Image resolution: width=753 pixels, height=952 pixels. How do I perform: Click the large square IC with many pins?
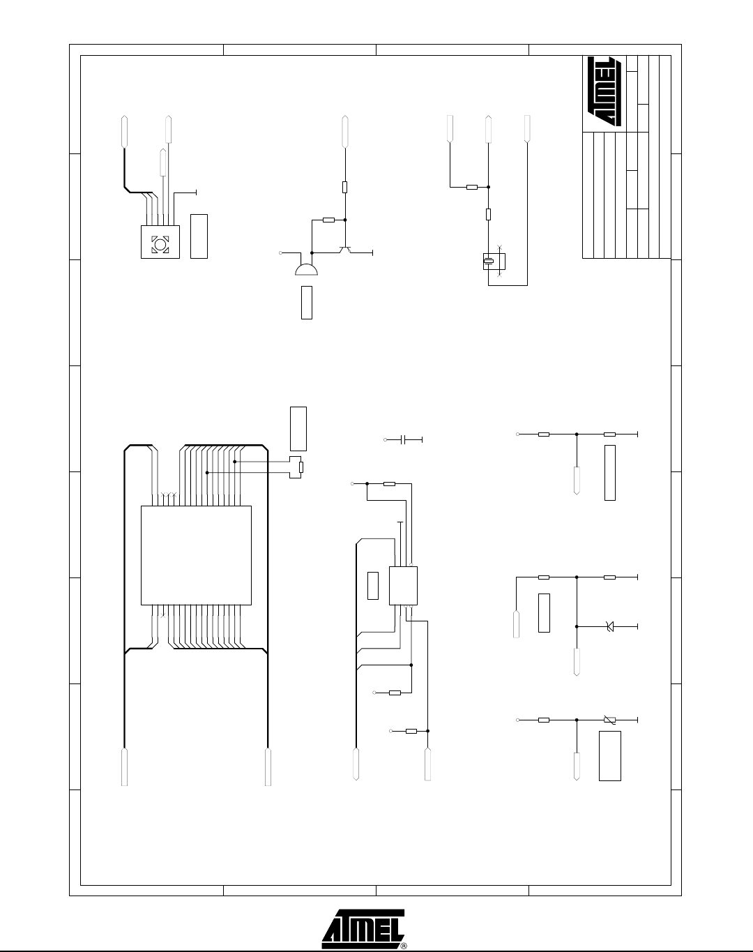click(196, 555)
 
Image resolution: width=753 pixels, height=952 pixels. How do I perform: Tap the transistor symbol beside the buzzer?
click(345, 250)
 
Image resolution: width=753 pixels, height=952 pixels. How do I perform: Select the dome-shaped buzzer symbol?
click(306, 269)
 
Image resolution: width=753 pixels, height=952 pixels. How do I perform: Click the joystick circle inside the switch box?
click(160, 244)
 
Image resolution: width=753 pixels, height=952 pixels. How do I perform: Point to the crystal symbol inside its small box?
click(488, 262)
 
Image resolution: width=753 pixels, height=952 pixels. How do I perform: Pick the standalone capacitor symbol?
click(404, 439)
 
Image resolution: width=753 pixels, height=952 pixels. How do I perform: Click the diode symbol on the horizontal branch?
click(609, 626)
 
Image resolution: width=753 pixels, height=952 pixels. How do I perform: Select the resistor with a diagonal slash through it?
click(609, 720)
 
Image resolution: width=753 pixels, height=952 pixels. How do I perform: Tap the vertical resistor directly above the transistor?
click(345, 187)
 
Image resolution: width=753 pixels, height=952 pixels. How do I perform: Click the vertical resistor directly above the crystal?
click(489, 214)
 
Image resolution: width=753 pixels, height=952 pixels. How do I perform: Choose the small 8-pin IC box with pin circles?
click(403, 586)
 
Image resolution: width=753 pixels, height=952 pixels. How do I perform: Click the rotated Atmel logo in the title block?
click(604, 91)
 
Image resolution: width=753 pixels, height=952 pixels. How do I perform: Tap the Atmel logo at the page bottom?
click(363, 928)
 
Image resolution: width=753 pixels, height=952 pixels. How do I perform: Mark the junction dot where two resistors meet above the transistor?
click(345, 220)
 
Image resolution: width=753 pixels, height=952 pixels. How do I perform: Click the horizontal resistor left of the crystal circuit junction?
click(472, 187)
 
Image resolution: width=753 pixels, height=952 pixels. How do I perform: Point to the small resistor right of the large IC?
click(301, 467)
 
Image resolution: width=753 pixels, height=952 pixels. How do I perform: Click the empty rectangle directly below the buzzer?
click(307, 303)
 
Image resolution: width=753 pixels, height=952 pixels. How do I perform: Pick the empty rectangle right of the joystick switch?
click(199, 236)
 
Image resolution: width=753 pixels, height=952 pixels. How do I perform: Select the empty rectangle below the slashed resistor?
click(610, 756)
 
